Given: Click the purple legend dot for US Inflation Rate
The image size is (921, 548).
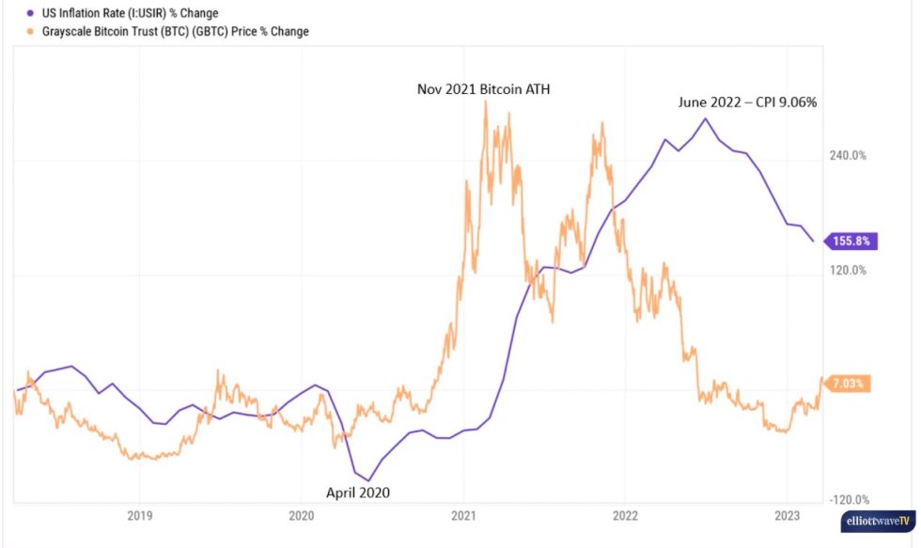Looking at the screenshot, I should [x=23, y=14].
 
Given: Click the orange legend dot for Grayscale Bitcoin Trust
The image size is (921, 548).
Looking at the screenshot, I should [x=23, y=32].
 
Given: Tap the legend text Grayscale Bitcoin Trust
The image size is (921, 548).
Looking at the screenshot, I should [x=169, y=32].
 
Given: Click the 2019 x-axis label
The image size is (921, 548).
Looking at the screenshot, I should [x=139, y=515].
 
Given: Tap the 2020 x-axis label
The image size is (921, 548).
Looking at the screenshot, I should [x=302, y=515].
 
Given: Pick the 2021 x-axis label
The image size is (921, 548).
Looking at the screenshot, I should [x=463, y=515].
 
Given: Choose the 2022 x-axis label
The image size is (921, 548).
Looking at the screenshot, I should [x=625, y=515].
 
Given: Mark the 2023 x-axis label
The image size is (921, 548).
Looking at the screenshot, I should [x=787, y=515].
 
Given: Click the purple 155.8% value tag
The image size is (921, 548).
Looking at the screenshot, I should [x=851, y=242].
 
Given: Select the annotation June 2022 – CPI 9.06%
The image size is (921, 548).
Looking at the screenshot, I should [x=747, y=102].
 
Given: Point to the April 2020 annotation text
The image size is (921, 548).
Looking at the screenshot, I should [x=357, y=492].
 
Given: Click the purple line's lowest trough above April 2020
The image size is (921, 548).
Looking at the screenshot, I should [x=368, y=480].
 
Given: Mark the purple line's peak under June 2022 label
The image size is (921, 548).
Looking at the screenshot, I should [x=705, y=118].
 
